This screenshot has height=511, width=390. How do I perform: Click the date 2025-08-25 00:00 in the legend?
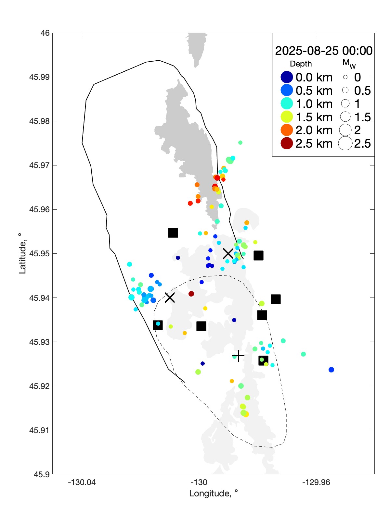[x=324, y=51]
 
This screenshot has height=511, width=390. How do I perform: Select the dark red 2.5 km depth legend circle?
[x=287, y=143]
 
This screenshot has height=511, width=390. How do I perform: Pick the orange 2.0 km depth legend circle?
[x=287, y=130]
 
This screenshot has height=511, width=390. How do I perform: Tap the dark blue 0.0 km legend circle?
[x=287, y=77]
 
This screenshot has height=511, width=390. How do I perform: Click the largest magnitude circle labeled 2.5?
[x=345, y=143]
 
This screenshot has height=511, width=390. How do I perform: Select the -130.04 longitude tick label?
[x=82, y=482]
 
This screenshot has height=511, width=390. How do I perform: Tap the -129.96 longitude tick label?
[x=316, y=482]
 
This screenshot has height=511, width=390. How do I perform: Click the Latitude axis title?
[x=22, y=253]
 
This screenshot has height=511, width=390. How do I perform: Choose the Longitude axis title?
[x=214, y=493]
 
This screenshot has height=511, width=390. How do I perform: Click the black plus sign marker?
[x=238, y=356]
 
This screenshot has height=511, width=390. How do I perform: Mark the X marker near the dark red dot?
[x=170, y=297]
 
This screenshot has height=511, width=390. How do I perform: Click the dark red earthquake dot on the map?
[x=191, y=294]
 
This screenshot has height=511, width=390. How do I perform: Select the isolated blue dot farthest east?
[x=331, y=370]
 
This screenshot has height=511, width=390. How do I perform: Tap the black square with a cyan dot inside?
[x=158, y=325]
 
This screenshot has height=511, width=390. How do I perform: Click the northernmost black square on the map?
[x=173, y=233]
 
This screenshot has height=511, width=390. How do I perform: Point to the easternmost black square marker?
[x=276, y=299]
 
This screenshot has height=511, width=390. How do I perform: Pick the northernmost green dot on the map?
[x=240, y=142]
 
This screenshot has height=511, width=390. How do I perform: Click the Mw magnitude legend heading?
[x=349, y=63]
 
